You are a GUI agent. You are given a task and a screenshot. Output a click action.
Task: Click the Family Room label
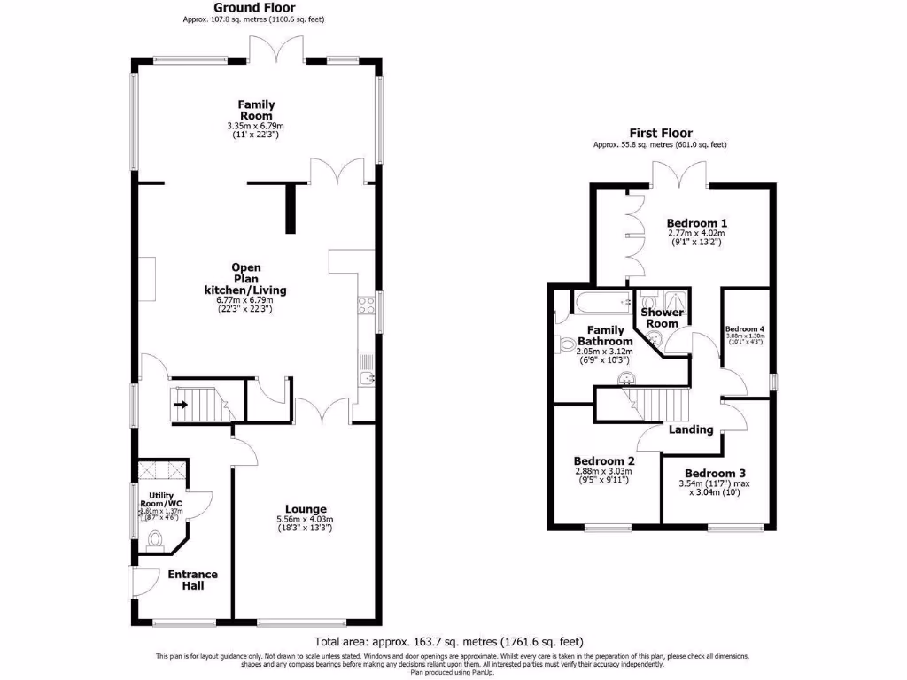coord(256,111)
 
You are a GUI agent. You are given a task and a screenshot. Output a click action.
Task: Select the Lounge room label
coord(301,509)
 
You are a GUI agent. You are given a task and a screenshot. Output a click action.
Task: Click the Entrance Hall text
coord(192,580)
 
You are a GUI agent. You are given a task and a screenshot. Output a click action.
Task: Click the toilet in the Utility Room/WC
coord(156,537)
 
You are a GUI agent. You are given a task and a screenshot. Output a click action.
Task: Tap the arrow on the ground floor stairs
coord(181,406)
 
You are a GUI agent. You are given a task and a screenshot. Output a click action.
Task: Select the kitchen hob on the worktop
coord(365,305)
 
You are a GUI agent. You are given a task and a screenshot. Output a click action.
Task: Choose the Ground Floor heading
coord(243,7)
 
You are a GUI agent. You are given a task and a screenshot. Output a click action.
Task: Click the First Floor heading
coord(661,133)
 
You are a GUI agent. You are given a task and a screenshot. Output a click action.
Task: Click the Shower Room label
coord(662,318)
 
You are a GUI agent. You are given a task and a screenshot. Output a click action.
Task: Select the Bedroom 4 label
coord(744,328)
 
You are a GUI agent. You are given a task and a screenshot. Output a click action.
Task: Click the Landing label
coord(691,429)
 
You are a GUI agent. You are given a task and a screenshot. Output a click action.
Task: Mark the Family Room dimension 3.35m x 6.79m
coord(256,127)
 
